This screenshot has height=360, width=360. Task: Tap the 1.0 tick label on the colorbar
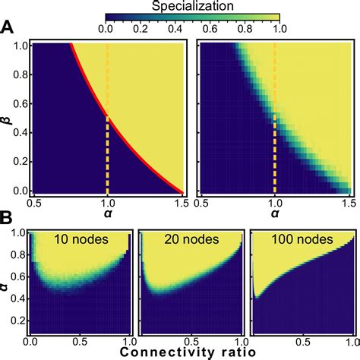280,30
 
